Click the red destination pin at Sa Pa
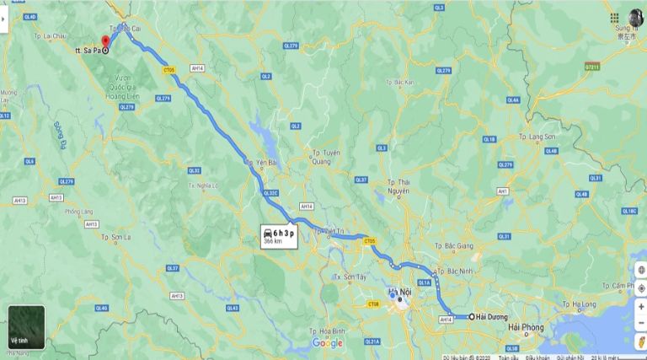105,42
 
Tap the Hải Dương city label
493,317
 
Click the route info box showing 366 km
279,236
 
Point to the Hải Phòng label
525,327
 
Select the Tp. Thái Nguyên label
398,186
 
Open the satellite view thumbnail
25,326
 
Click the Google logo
327,342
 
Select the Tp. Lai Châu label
50,37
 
